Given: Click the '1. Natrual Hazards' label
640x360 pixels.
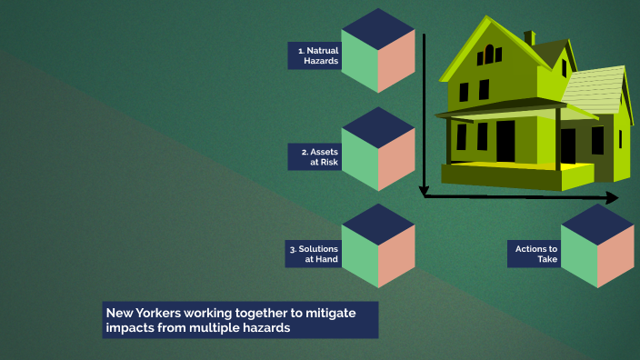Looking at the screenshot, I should pos(315,55).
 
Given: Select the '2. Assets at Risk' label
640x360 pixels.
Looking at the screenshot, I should pos(315,157).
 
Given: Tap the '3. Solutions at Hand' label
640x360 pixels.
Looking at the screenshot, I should pos(315,254).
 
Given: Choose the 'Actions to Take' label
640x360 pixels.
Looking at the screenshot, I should pos(535,254).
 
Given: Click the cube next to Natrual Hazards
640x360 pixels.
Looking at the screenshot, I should pos(378,51).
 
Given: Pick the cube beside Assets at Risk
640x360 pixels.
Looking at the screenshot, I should pos(378,149).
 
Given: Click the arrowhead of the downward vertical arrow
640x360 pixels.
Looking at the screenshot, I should pos(424,191).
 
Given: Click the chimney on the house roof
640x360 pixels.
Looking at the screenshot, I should pos(529,37).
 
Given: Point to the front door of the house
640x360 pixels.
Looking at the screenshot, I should pos(505,140).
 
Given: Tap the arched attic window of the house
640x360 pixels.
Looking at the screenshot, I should pos(493,54).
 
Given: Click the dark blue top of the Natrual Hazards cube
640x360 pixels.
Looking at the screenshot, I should pos(378,27).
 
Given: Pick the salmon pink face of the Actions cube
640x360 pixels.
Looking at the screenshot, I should pos(615,255).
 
